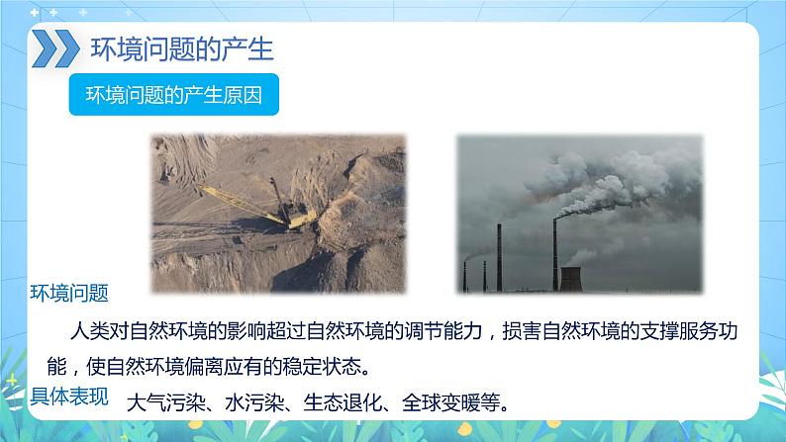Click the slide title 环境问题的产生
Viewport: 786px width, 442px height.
pos(182,48)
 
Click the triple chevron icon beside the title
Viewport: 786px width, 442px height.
pos(52,48)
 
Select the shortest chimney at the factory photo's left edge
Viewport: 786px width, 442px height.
pos(465,277)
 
